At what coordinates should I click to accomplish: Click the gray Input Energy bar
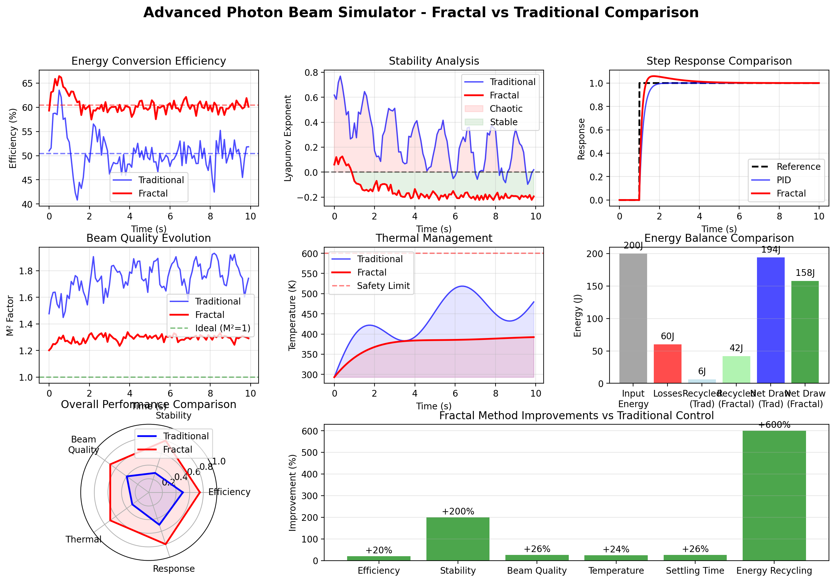point(633,318)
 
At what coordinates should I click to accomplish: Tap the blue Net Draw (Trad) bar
point(771,320)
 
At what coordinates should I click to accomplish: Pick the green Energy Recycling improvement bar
point(774,495)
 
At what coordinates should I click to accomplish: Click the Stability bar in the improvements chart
point(458,539)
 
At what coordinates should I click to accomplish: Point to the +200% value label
point(458,511)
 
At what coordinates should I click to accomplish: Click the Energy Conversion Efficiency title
point(148,61)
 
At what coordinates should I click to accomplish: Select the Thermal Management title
point(433,238)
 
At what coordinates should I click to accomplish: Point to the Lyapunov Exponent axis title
point(288,138)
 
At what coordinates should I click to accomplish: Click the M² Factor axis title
point(10,315)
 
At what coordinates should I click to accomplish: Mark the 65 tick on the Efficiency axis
point(27,83)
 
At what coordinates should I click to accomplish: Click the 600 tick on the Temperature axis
point(310,254)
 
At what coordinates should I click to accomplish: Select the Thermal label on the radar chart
point(83,539)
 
